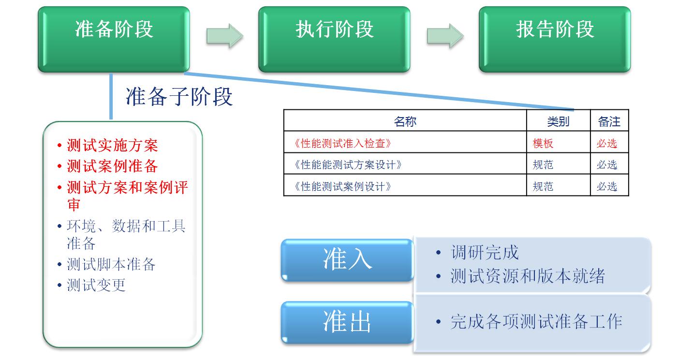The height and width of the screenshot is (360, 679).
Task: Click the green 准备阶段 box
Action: tap(114, 39)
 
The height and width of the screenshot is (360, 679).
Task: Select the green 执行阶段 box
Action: tap(334, 39)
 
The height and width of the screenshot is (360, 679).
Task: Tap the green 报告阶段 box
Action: tap(555, 39)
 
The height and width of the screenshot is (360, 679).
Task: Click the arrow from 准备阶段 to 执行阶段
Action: tap(224, 35)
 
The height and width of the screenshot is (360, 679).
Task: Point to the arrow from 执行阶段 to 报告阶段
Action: tap(444, 35)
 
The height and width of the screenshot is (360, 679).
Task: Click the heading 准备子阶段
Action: tap(179, 96)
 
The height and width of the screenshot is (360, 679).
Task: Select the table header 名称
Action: tap(405, 121)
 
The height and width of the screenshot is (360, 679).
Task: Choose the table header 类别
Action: tap(558, 121)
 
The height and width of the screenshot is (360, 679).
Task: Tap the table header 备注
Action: tap(609, 121)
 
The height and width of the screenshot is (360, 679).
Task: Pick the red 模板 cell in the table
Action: tap(543, 143)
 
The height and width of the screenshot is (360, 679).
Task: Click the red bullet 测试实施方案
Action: tap(112, 145)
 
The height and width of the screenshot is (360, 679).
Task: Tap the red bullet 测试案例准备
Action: tap(112, 166)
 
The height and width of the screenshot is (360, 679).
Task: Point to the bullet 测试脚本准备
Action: tap(111, 264)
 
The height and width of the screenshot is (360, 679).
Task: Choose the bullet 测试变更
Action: tap(96, 285)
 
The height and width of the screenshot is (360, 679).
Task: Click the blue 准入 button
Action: tap(347, 260)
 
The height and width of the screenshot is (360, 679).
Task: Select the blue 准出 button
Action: tap(347, 322)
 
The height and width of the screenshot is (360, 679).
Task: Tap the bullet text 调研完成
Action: tap(484, 252)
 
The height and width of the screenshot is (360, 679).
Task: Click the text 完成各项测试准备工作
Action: tap(536, 322)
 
